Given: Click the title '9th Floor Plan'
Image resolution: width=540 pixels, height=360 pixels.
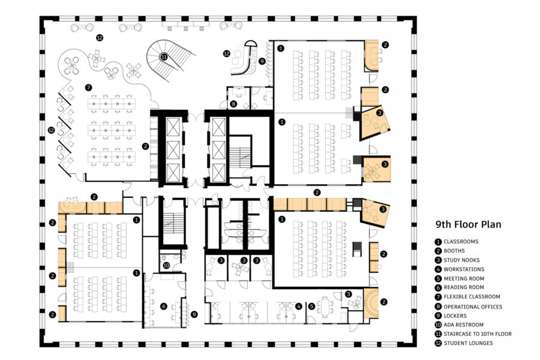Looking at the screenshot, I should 468,225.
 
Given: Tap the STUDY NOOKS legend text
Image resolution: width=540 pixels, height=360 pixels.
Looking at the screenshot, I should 465,260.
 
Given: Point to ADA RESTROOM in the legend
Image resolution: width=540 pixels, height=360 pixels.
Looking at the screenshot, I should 466,325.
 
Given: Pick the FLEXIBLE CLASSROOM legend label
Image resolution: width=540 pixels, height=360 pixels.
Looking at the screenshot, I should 474,297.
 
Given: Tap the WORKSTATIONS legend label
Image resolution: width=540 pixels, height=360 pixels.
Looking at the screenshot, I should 464,269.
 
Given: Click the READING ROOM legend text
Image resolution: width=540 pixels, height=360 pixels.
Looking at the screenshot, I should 465,288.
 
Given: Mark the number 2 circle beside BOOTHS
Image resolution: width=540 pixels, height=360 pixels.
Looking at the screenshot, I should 439,251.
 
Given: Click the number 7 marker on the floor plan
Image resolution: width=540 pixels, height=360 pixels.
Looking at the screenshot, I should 88,87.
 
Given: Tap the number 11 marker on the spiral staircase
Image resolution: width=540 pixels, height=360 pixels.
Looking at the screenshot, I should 163,57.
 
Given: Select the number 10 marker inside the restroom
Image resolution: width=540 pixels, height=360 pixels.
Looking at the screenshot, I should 167,265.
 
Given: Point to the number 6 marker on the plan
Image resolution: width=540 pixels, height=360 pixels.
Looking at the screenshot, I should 163,306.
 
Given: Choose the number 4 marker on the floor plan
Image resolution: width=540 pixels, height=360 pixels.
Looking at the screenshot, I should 298,306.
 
